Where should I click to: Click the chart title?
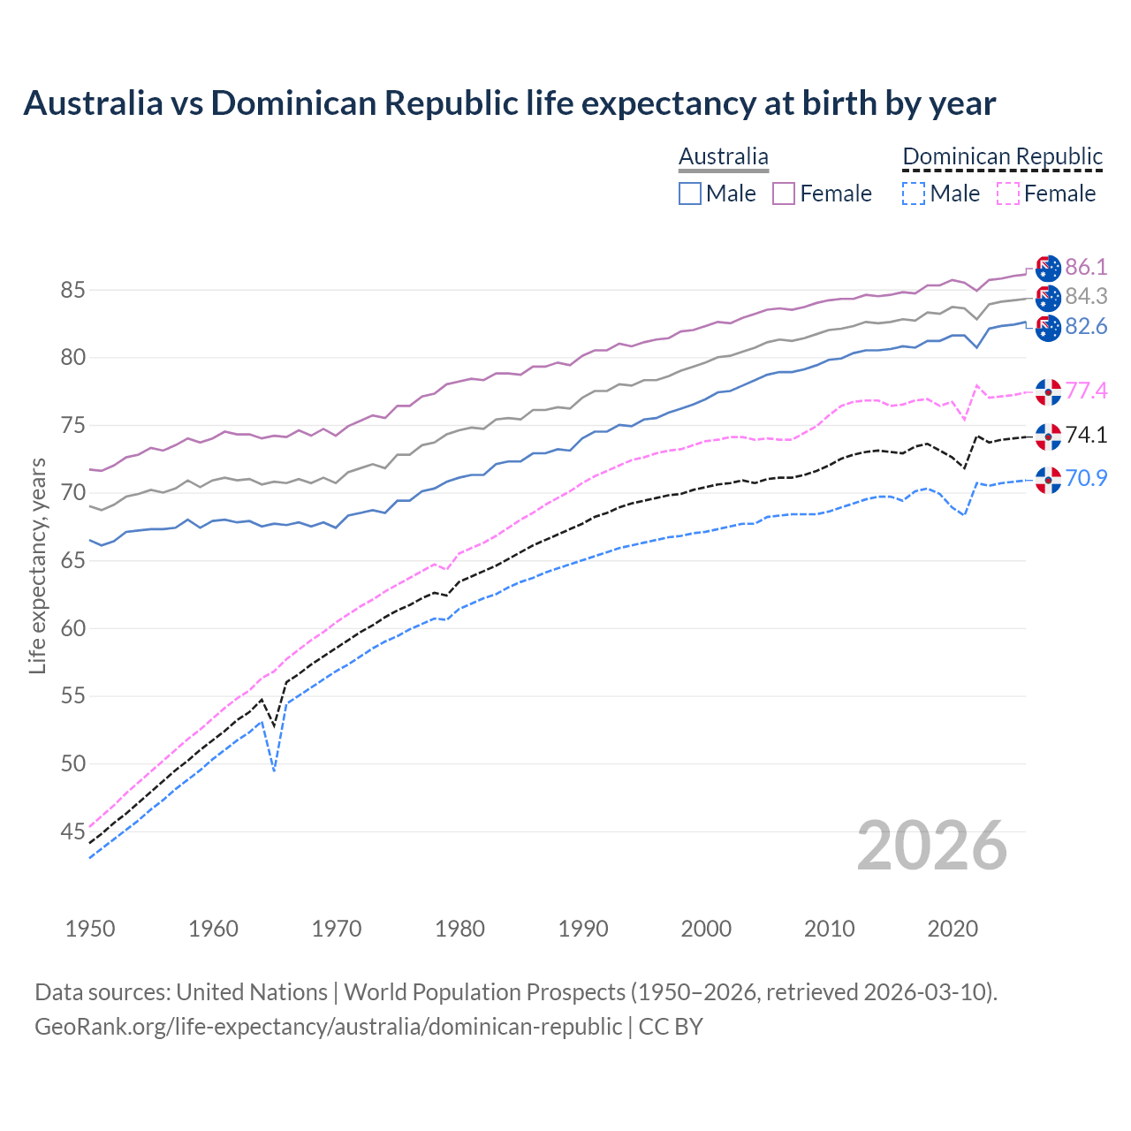[x=509, y=103]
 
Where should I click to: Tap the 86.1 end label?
[x=1086, y=267]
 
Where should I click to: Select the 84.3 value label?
[x=1086, y=297]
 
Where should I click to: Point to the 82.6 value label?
[x=1086, y=327]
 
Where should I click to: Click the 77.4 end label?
[x=1086, y=391]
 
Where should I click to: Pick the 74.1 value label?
[x=1086, y=435]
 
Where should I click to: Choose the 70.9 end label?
[x=1086, y=478]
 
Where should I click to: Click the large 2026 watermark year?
[x=932, y=846]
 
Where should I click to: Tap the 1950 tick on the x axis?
[x=90, y=929]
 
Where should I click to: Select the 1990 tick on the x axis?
[x=583, y=929]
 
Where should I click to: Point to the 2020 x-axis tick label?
[x=953, y=929]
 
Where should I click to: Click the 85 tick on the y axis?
[x=72, y=290]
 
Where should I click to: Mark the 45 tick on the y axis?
[x=72, y=831]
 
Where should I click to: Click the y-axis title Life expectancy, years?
[x=38, y=565]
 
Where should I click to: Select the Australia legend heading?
[x=723, y=156]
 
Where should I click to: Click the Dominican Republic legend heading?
[x=1002, y=156]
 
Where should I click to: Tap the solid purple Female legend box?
[x=784, y=194]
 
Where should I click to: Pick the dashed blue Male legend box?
[x=914, y=194]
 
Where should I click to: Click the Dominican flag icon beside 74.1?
[x=1048, y=436]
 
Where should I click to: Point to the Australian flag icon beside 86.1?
[x=1048, y=268]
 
